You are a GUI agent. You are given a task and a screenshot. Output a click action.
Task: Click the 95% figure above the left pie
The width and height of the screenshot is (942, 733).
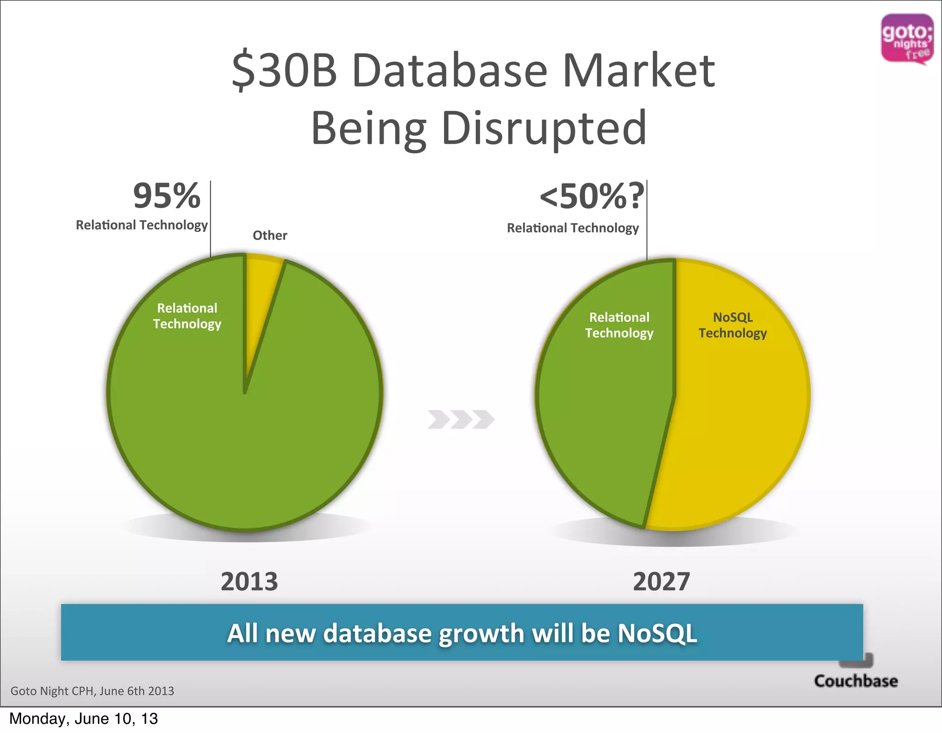point(167,196)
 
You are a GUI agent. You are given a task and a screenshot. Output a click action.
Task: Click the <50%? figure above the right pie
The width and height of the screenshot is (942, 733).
point(592,196)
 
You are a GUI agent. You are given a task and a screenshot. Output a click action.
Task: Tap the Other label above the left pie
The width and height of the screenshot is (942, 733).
point(270,236)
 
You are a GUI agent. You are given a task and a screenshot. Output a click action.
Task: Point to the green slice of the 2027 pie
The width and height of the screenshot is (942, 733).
point(607,414)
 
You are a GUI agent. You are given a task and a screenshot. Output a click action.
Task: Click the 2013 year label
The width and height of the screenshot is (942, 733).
point(249,582)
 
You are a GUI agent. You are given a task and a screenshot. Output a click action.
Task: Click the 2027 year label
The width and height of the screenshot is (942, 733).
point(661,582)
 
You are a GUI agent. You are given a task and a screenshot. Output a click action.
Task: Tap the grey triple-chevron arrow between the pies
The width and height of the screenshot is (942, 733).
point(461,419)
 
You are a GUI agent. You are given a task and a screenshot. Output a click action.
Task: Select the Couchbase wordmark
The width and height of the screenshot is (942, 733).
point(856,681)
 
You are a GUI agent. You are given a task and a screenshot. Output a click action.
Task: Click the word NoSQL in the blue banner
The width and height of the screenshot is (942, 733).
point(657,633)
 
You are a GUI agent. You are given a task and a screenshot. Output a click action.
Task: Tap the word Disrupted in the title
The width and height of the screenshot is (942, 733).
point(544,128)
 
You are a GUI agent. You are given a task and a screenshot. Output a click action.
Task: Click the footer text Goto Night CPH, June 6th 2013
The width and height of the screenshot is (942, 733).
point(92,691)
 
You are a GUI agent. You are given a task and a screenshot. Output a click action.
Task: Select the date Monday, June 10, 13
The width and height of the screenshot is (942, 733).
point(83,719)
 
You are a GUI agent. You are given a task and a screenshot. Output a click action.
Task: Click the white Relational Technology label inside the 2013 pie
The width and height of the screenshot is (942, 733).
point(187,316)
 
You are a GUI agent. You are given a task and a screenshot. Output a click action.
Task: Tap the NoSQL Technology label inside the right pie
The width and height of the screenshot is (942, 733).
point(733,325)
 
